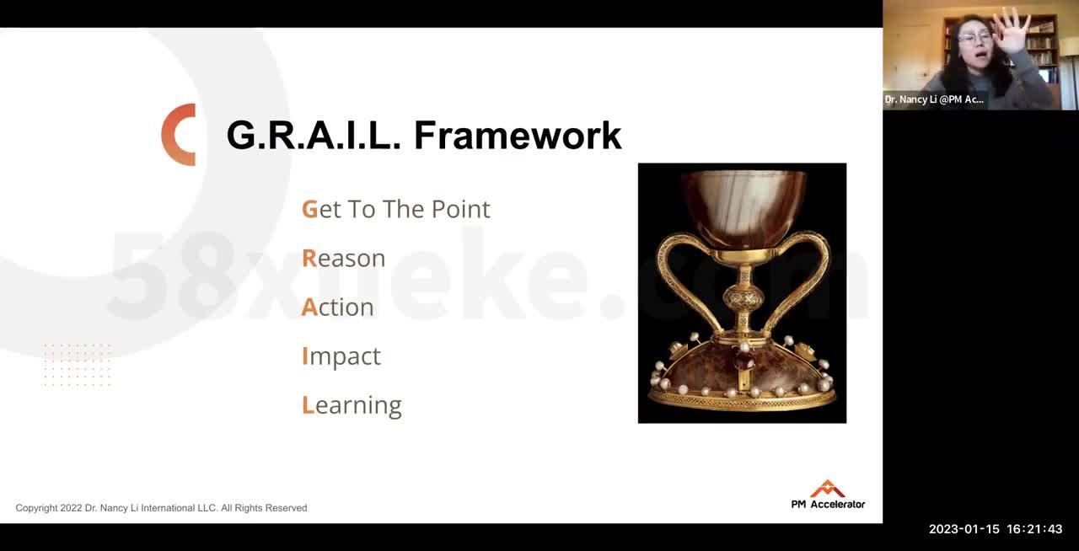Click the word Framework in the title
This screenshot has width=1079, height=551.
coord(518,136)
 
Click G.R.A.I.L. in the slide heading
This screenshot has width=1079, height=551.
coord(313,136)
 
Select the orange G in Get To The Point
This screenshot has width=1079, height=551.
coord(309,209)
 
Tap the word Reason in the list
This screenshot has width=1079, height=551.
coord(343,258)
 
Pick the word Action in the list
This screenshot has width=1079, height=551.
coord(337,307)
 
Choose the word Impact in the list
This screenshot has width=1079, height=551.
coord(341,356)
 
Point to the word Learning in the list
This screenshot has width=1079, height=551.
coord(352,404)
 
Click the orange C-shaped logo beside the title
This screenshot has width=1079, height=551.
coord(179,135)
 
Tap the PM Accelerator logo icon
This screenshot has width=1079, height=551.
coord(827,489)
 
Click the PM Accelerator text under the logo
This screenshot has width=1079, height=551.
coord(828,504)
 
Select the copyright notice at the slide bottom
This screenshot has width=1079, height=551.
coord(161,508)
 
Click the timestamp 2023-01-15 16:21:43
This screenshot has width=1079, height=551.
coord(996,529)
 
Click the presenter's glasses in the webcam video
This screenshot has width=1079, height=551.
coord(974,37)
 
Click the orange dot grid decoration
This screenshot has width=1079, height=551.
coord(77,365)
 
